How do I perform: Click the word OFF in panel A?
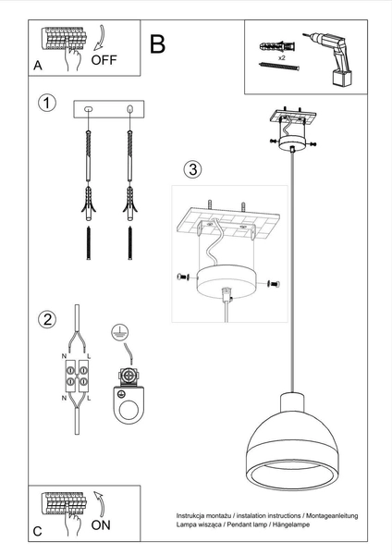click(x=104, y=61)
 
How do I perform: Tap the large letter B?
click(x=158, y=43)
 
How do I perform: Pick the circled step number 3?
click(x=191, y=169)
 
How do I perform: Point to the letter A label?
click(x=38, y=66)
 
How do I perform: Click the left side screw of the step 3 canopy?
click(x=182, y=277)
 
